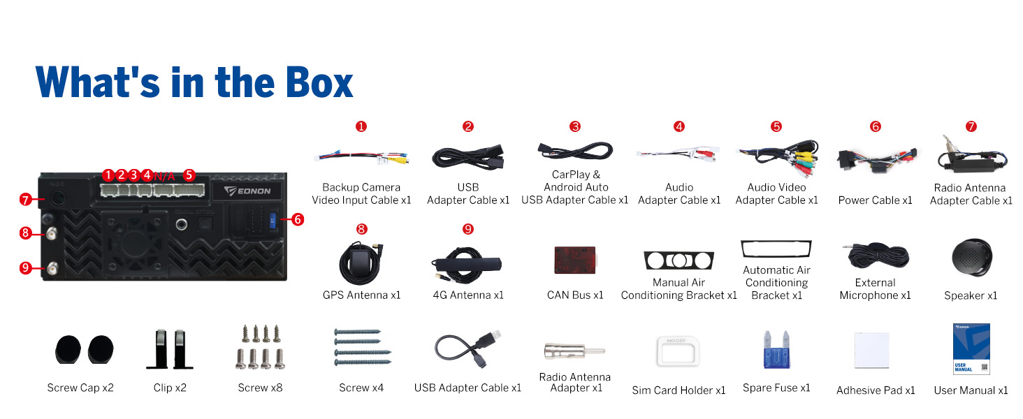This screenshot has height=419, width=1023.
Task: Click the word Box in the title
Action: [x=319, y=82]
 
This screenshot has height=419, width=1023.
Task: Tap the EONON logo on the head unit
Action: [x=247, y=191]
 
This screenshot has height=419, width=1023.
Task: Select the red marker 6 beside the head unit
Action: [x=298, y=219]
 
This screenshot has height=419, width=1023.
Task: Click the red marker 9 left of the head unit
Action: [x=26, y=267]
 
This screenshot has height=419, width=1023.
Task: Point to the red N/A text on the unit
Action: [x=164, y=176]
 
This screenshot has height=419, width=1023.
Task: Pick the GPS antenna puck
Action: [x=361, y=264]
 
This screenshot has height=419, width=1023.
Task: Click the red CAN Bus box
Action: [x=575, y=260]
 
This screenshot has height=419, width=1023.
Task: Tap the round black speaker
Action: [x=971, y=258]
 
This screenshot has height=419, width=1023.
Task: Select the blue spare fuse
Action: [x=776, y=350]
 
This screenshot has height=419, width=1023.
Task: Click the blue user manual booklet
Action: [x=971, y=349]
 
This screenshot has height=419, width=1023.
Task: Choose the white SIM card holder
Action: [x=678, y=351]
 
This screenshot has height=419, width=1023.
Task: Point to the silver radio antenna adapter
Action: [x=574, y=351]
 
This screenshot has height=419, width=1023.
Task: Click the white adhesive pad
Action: [x=872, y=350]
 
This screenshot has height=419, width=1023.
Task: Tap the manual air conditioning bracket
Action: [x=679, y=260]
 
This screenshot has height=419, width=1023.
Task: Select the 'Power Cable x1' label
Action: [x=875, y=200]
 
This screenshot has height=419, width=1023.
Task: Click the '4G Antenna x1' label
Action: [x=468, y=295]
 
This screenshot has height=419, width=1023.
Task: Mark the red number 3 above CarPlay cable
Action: [x=575, y=126]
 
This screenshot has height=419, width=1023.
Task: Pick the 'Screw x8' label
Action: [x=261, y=388]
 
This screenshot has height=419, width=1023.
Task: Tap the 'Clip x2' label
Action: [x=170, y=388]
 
